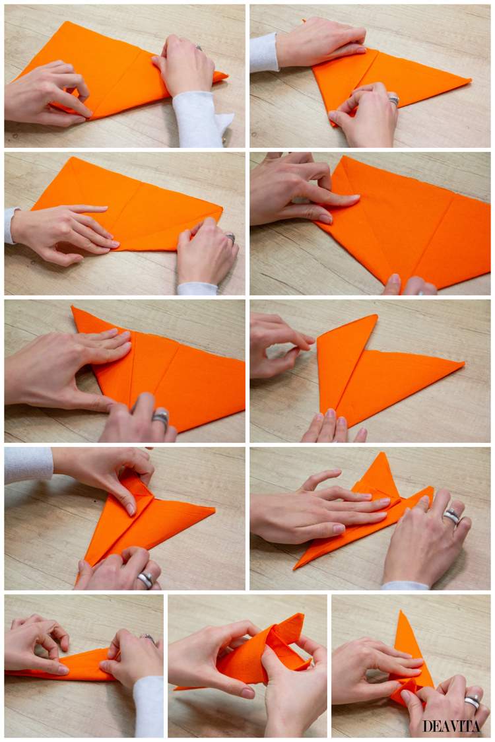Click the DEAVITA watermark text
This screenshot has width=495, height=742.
tap(451, 726)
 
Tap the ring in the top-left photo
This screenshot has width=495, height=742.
tap(199, 48)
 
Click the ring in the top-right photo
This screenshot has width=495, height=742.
tap(393, 100)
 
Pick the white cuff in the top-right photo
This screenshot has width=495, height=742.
tap(263, 53)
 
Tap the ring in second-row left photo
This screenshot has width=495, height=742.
tap(231, 238)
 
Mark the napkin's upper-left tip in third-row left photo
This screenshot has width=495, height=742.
tap(73, 307)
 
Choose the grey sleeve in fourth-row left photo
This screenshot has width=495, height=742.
tap(28, 465)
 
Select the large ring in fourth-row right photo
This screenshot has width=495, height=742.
tap(451, 516)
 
